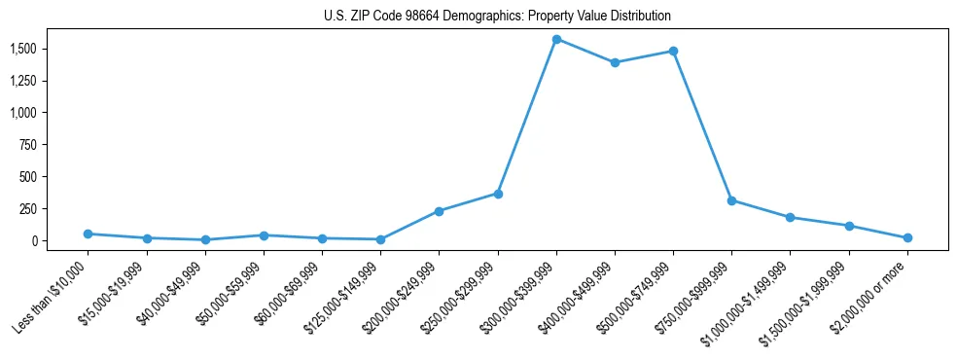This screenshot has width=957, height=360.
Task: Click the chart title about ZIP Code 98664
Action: pyautogui.click(x=497, y=17)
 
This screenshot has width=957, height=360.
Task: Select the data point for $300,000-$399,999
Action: pyautogui.click(x=556, y=39)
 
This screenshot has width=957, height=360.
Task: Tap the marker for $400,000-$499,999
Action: pyautogui.click(x=615, y=62)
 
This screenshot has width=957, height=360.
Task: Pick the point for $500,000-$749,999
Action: pyautogui.click(x=673, y=51)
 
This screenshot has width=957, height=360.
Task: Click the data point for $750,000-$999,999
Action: pyautogui.click(x=731, y=200)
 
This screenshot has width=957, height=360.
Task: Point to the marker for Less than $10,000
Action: pyautogui.click(x=88, y=234)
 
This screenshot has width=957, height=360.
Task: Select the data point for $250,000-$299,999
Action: pyautogui.click(x=498, y=194)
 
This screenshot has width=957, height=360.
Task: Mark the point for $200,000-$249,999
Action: pyautogui.click(x=439, y=211)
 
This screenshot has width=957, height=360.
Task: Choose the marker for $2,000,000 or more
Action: pyautogui.click(x=907, y=237)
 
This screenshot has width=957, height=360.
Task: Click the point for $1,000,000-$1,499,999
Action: pyautogui.click(x=790, y=217)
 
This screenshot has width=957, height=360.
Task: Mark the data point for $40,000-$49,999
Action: pyautogui.click(x=205, y=239)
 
